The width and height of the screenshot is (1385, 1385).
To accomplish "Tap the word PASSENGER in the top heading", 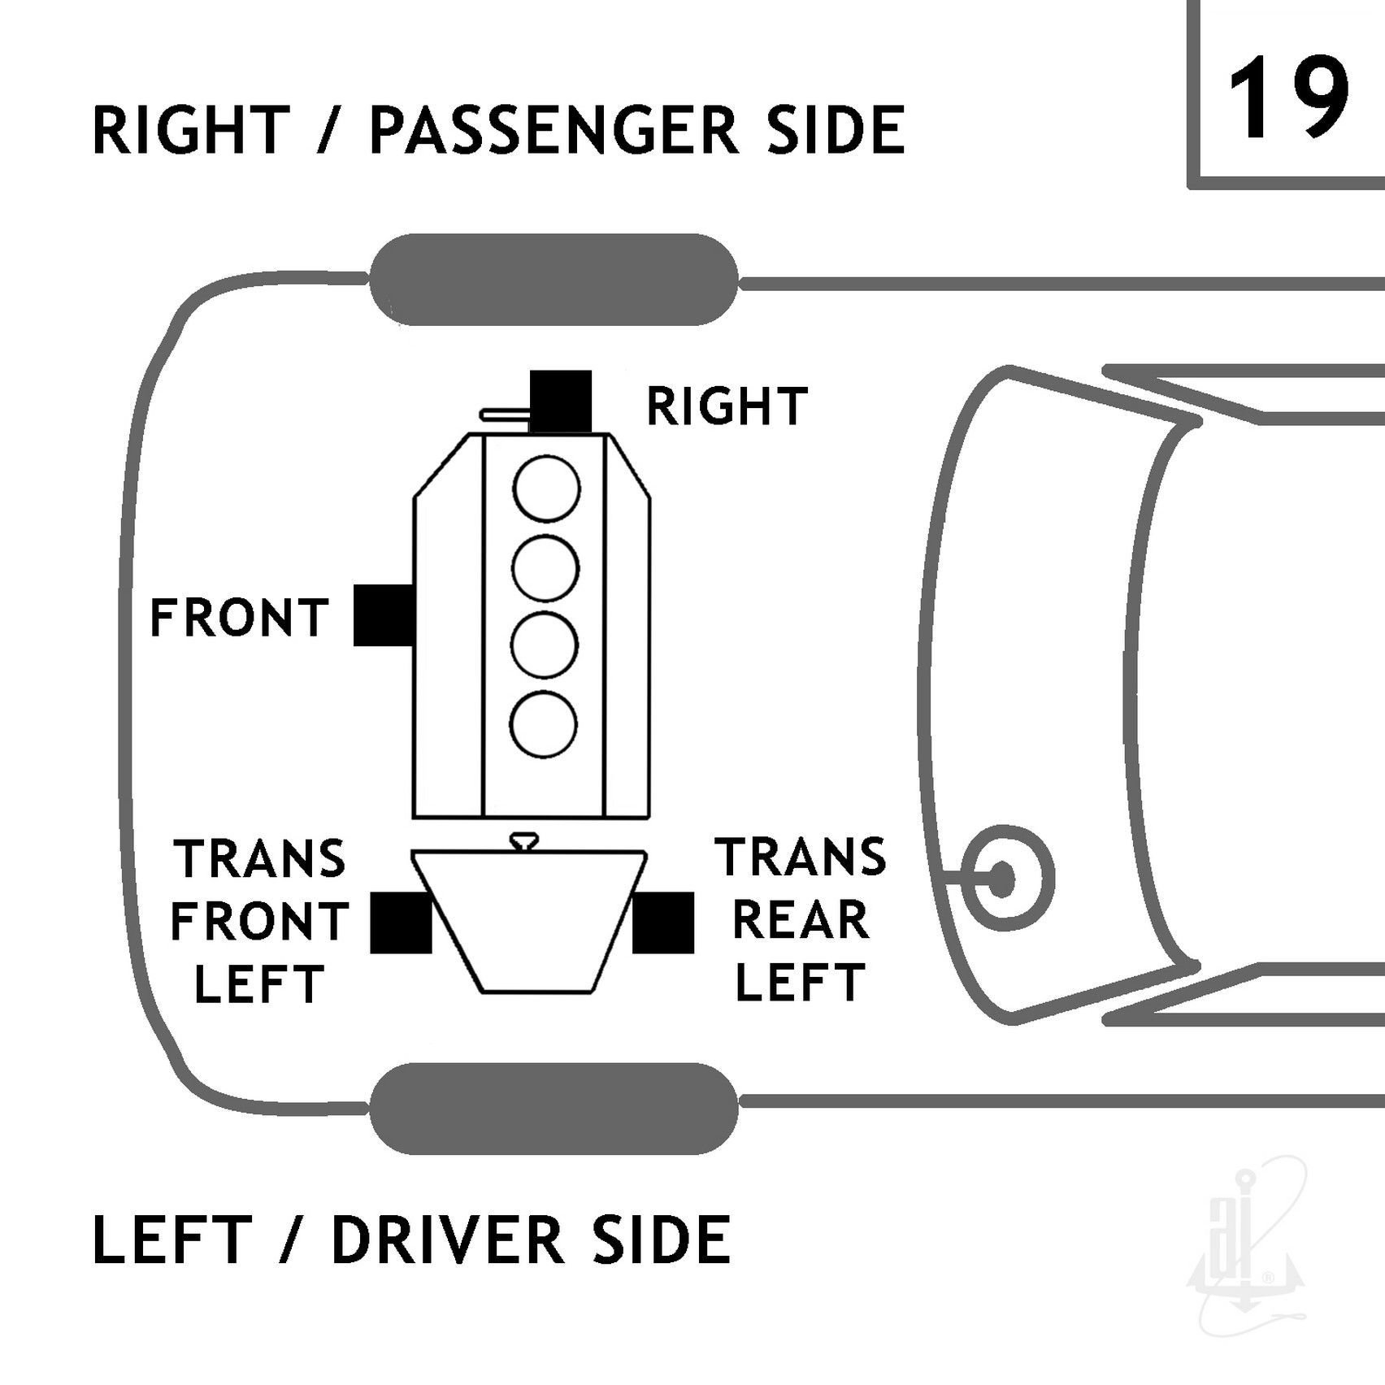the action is coord(555,130).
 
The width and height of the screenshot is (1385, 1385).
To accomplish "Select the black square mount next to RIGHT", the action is coord(561,402).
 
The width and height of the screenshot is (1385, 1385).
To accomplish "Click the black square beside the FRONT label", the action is coord(384,615).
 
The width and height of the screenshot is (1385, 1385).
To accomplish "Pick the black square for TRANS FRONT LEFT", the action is coord(401,923).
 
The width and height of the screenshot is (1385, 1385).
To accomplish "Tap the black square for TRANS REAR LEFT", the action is coord(663,923).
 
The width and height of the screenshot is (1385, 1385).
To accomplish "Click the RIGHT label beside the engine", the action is coord(726,406).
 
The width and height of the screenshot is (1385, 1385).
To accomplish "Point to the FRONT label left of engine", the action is coord(240,618).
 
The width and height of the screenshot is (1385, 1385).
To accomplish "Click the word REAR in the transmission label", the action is coord(801,920).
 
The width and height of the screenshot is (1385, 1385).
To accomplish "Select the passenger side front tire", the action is coord(554,280).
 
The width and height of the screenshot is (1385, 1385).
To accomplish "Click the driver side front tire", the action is coord(554,1109).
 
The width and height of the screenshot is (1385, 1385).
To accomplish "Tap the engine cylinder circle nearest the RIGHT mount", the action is coord(546,490).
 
